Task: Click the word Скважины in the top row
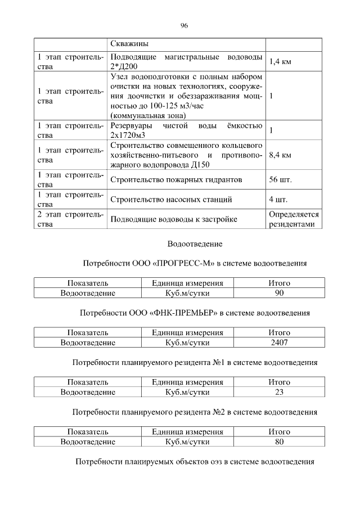click(x=133, y=44)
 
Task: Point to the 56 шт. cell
click(x=281, y=180)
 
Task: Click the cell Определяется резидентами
click(x=294, y=219)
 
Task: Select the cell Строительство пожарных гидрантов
click(x=176, y=180)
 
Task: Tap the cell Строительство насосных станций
click(x=171, y=199)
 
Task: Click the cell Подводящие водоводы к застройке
click(x=174, y=219)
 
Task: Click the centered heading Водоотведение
click(x=195, y=244)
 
